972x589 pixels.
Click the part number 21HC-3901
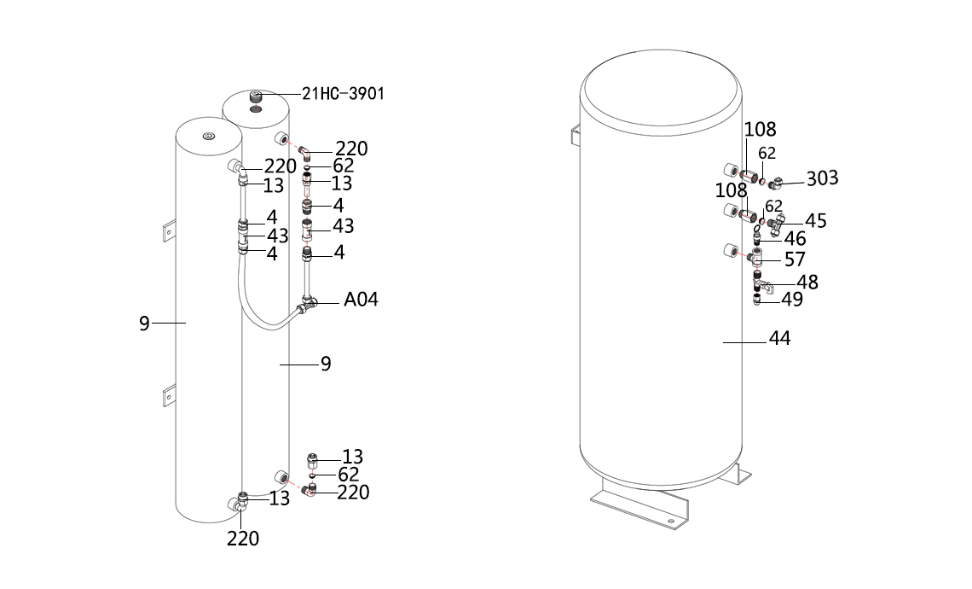pyautogui.click(x=343, y=94)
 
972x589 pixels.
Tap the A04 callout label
pyautogui.click(x=361, y=299)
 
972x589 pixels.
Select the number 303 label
pyautogui.click(x=822, y=178)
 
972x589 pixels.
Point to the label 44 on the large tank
pyautogui.click(x=779, y=338)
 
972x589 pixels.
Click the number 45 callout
pyautogui.click(x=816, y=221)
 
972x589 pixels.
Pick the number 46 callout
pyautogui.click(x=796, y=239)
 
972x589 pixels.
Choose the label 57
pyautogui.click(x=796, y=260)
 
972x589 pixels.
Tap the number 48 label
pyautogui.click(x=807, y=283)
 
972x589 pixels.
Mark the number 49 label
pyautogui.click(x=792, y=300)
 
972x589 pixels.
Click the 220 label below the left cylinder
pyautogui.click(x=243, y=539)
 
